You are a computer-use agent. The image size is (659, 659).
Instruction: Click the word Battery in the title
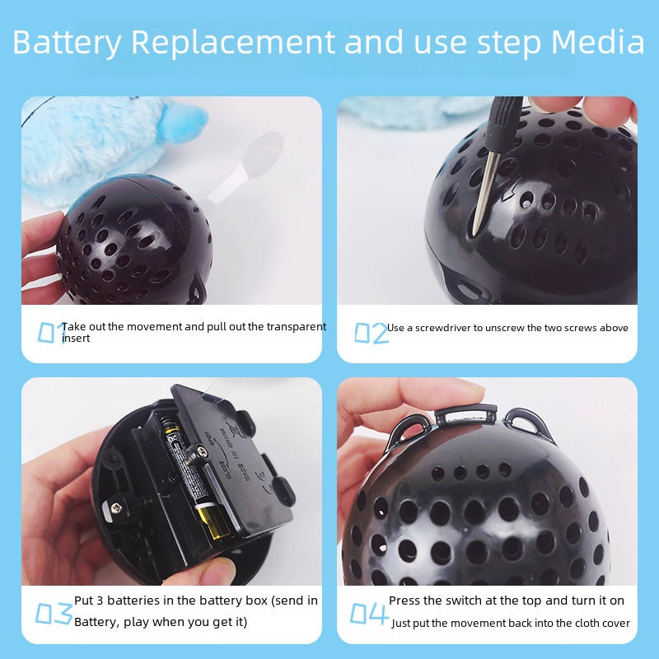click(x=68, y=44)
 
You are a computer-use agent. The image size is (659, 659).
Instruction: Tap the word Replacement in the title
click(x=233, y=42)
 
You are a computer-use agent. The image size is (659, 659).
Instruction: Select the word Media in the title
click(x=598, y=42)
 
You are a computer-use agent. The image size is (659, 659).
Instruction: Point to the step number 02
click(x=372, y=333)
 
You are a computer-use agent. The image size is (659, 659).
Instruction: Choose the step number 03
click(x=54, y=613)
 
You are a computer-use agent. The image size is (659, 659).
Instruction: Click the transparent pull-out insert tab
click(x=247, y=168)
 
